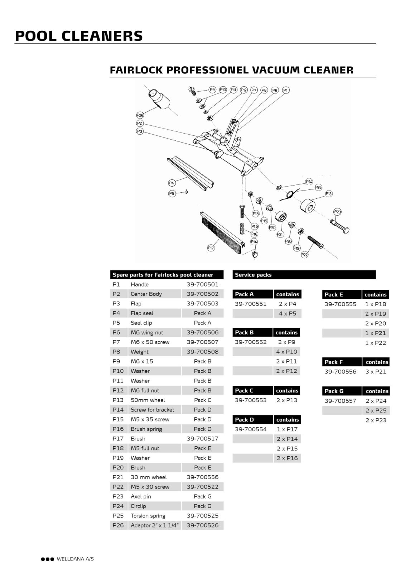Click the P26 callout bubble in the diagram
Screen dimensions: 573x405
(x=140, y=115)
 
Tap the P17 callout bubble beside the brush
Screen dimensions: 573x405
(x=211, y=247)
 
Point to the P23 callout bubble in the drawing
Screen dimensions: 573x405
(x=337, y=212)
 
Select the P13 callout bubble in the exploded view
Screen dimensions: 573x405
(x=328, y=194)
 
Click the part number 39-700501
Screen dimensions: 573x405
(x=202, y=284)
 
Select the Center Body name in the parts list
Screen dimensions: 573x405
(x=146, y=294)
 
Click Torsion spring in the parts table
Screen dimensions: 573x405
(x=148, y=516)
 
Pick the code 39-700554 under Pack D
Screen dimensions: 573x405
(x=251, y=429)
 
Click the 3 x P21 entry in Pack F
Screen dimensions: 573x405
(x=376, y=371)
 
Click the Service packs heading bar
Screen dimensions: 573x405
(x=304, y=275)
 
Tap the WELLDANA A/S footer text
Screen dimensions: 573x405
(x=75, y=559)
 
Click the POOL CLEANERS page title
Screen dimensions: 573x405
(x=79, y=36)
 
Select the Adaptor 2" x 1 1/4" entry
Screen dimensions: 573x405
(x=155, y=525)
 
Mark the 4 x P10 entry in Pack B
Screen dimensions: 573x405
(x=286, y=352)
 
